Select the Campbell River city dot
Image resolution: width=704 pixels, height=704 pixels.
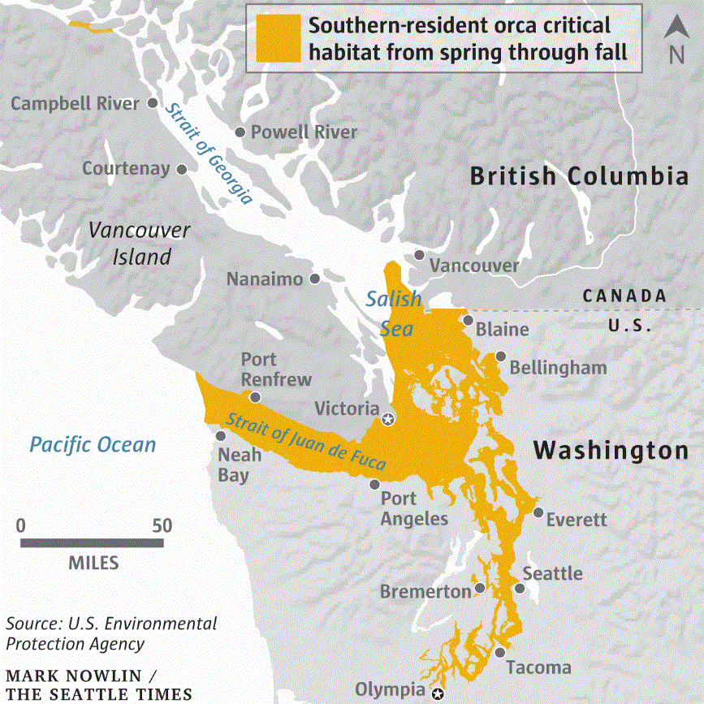(x=154, y=103)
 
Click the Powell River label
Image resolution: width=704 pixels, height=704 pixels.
(x=304, y=132)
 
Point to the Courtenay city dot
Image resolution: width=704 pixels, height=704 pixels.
(x=182, y=169)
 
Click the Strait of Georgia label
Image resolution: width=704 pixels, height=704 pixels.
(x=208, y=153)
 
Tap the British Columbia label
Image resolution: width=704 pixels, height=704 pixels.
(x=580, y=176)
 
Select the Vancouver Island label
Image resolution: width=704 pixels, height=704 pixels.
(x=140, y=243)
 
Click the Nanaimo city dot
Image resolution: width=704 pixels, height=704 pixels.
(x=315, y=279)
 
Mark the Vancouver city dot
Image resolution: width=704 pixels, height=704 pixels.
(x=419, y=254)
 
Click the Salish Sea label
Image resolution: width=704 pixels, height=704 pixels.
(x=395, y=313)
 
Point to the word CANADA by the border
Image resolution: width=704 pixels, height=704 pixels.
(x=624, y=296)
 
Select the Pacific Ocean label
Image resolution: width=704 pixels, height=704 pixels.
(x=93, y=444)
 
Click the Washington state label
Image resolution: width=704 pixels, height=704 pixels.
(x=610, y=450)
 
